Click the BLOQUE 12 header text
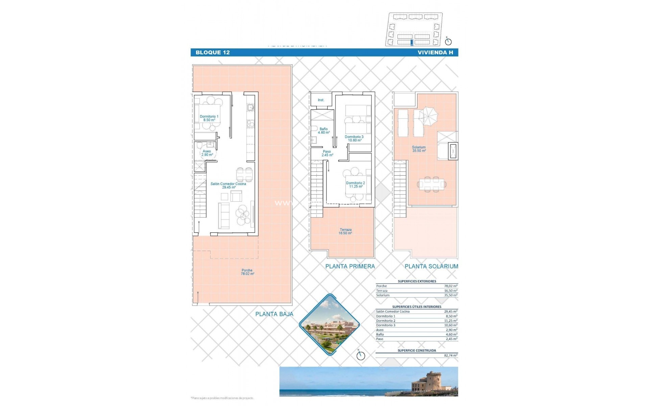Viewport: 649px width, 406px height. click(x=213, y=52)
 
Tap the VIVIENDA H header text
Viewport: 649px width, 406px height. click(x=435, y=52)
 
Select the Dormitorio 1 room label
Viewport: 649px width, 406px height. click(x=209, y=118)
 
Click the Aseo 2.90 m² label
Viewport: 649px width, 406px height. click(x=207, y=153)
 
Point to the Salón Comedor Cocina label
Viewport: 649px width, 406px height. click(x=228, y=185)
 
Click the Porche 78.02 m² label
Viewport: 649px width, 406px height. click(x=247, y=272)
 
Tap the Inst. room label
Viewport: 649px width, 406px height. click(x=321, y=100)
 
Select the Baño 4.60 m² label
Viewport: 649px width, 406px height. click(x=323, y=131)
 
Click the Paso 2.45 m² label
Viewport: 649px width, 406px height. click(x=327, y=153)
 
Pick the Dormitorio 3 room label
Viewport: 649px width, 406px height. click(x=354, y=138)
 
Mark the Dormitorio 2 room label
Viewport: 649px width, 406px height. click(x=355, y=185)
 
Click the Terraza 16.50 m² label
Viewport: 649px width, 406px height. click(x=345, y=231)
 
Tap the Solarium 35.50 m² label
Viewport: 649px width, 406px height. click(x=418, y=149)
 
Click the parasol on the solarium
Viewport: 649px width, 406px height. click(x=428, y=115)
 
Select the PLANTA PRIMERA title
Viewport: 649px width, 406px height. click(x=350, y=266)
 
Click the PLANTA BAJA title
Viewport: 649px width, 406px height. click(x=274, y=314)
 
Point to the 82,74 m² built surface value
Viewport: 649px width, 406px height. click(x=450, y=356)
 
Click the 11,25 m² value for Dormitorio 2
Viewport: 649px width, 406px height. click(x=450, y=321)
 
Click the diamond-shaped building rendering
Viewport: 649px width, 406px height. click(x=330, y=325)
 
